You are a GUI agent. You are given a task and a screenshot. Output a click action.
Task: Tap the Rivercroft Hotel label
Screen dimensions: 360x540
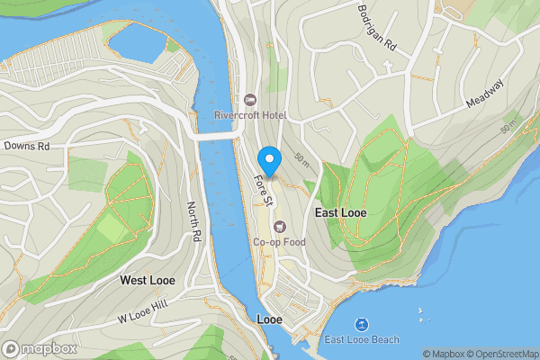click(249, 115)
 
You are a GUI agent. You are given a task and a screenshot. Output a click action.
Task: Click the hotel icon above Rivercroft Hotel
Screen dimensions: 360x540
click(249, 99)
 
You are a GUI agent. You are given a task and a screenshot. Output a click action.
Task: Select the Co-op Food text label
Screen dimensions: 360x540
click(279, 241)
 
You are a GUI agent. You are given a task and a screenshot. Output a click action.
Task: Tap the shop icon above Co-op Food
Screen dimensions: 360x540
click(279, 226)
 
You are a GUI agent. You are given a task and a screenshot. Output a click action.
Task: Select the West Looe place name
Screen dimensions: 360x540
click(148, 281)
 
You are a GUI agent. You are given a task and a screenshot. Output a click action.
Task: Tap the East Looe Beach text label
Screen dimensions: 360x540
click(362, 339)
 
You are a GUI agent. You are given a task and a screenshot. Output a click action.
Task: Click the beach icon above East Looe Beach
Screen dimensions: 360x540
click(362, 323)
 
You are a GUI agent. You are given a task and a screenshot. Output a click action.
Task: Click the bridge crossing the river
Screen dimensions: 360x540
click(215, 136)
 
